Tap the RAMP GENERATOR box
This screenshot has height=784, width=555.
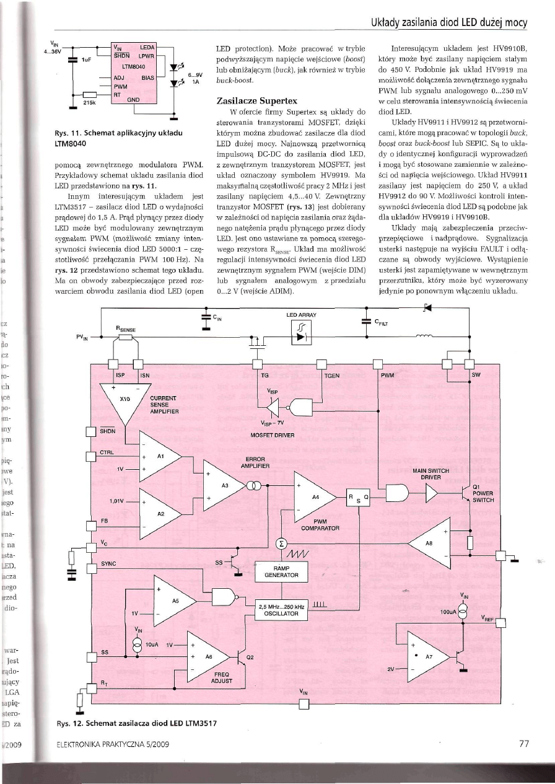[281, 571]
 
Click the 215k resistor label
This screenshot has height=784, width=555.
[89, 104]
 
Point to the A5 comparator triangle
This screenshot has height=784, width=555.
[174, 600]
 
